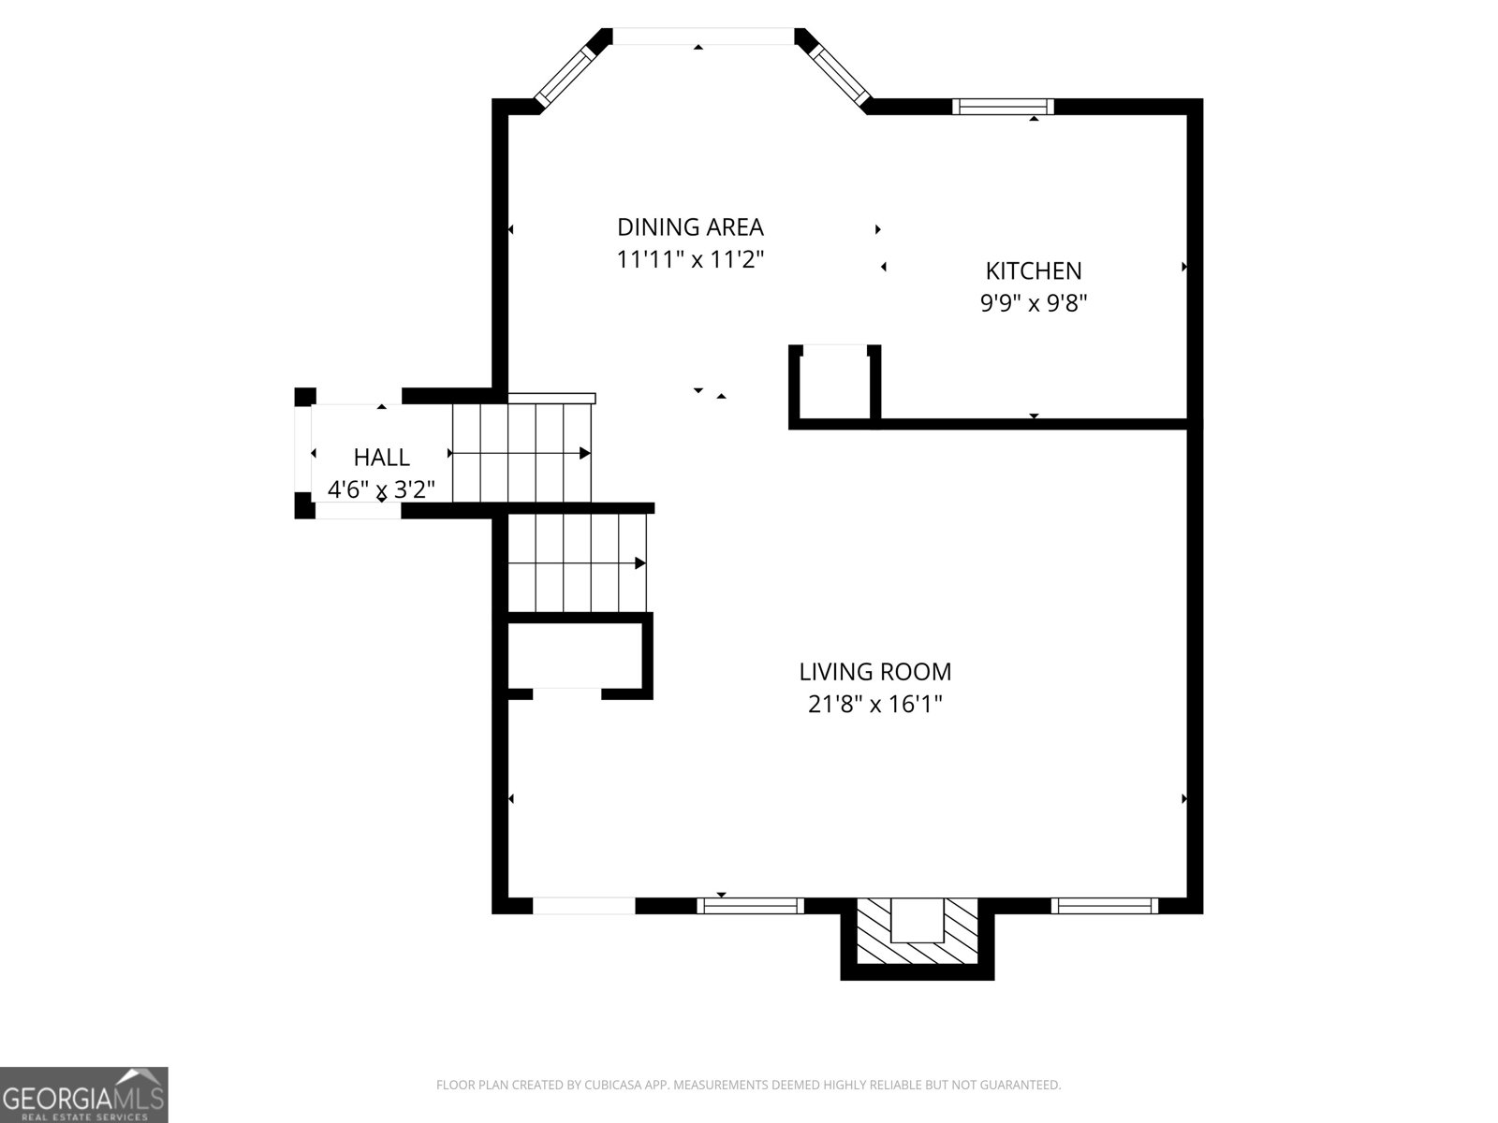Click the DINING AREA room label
690,227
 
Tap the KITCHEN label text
1033,271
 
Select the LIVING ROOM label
874,672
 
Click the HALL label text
381,458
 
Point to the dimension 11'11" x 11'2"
690,260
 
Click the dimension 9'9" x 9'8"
1033,303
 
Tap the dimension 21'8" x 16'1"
874,704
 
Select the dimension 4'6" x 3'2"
381,489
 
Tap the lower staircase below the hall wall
577,563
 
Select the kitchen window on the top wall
1003,107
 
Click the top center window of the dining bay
702,36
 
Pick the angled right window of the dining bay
837,72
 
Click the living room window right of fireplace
1104,905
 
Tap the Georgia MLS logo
84,1094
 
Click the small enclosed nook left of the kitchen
834,383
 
